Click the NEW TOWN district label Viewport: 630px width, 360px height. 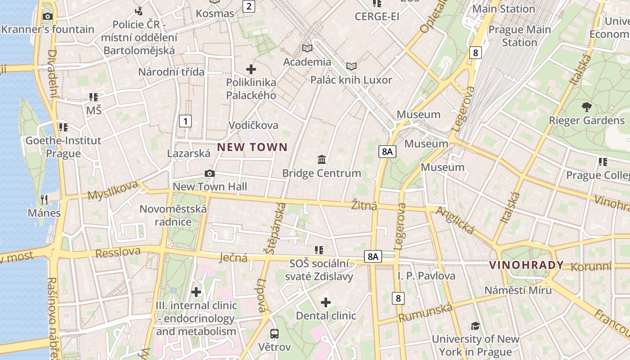point(252,147)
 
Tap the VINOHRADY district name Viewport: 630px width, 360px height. point(526,265)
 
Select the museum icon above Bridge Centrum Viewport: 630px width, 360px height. point(322,160)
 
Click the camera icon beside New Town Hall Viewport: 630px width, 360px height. point(209,174)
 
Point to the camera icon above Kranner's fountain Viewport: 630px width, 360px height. point(47,17)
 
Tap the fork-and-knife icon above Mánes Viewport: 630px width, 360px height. point(44,199)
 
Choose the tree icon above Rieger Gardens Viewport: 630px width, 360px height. point(586,107)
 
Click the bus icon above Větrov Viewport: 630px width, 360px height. point(274,334)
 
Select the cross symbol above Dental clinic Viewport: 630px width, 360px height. point(326,302)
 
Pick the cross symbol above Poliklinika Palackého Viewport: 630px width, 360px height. point(251,69)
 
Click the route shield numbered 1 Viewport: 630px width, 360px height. point(185,121)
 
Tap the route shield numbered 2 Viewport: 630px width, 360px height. point(248,6)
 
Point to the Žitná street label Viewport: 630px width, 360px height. point(364,206)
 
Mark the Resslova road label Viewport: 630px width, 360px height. point(118,252)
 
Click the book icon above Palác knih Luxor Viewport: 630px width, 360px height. point(351,67)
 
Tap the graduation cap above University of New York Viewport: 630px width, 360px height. point(475,326)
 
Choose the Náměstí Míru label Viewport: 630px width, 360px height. point(517,290)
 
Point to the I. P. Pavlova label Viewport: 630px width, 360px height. point(426,276)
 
